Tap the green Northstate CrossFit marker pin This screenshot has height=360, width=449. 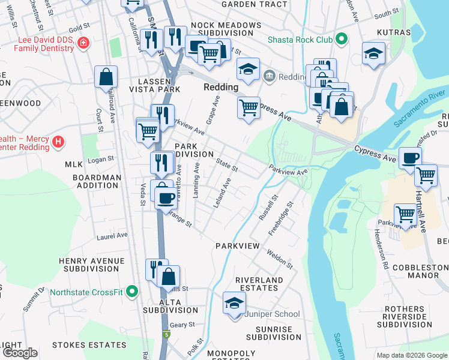[x=134, y=293]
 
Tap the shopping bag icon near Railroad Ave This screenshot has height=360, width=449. [x=106, y=77]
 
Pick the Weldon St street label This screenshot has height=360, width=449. [x=280, y=259]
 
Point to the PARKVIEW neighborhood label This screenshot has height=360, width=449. [x=237, y=246]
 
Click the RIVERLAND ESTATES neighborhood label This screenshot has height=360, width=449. [x=259, y=284]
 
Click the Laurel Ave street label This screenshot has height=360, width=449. [x=112, y=236]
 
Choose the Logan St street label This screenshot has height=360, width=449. [x=100, y=159]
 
